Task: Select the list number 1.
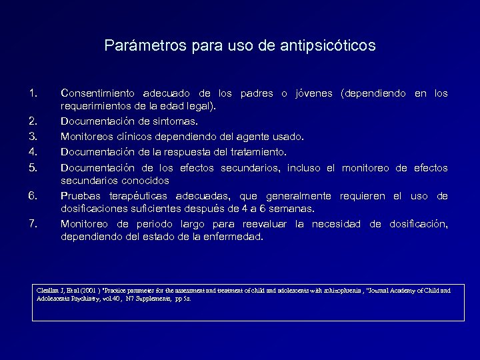tap(35, 93)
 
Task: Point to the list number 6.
tap(35, 195)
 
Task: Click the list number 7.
tap(35, 224)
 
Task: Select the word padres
tap(257, 93)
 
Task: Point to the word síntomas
tap(175, 122)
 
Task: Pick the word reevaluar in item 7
tap(265, 224)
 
